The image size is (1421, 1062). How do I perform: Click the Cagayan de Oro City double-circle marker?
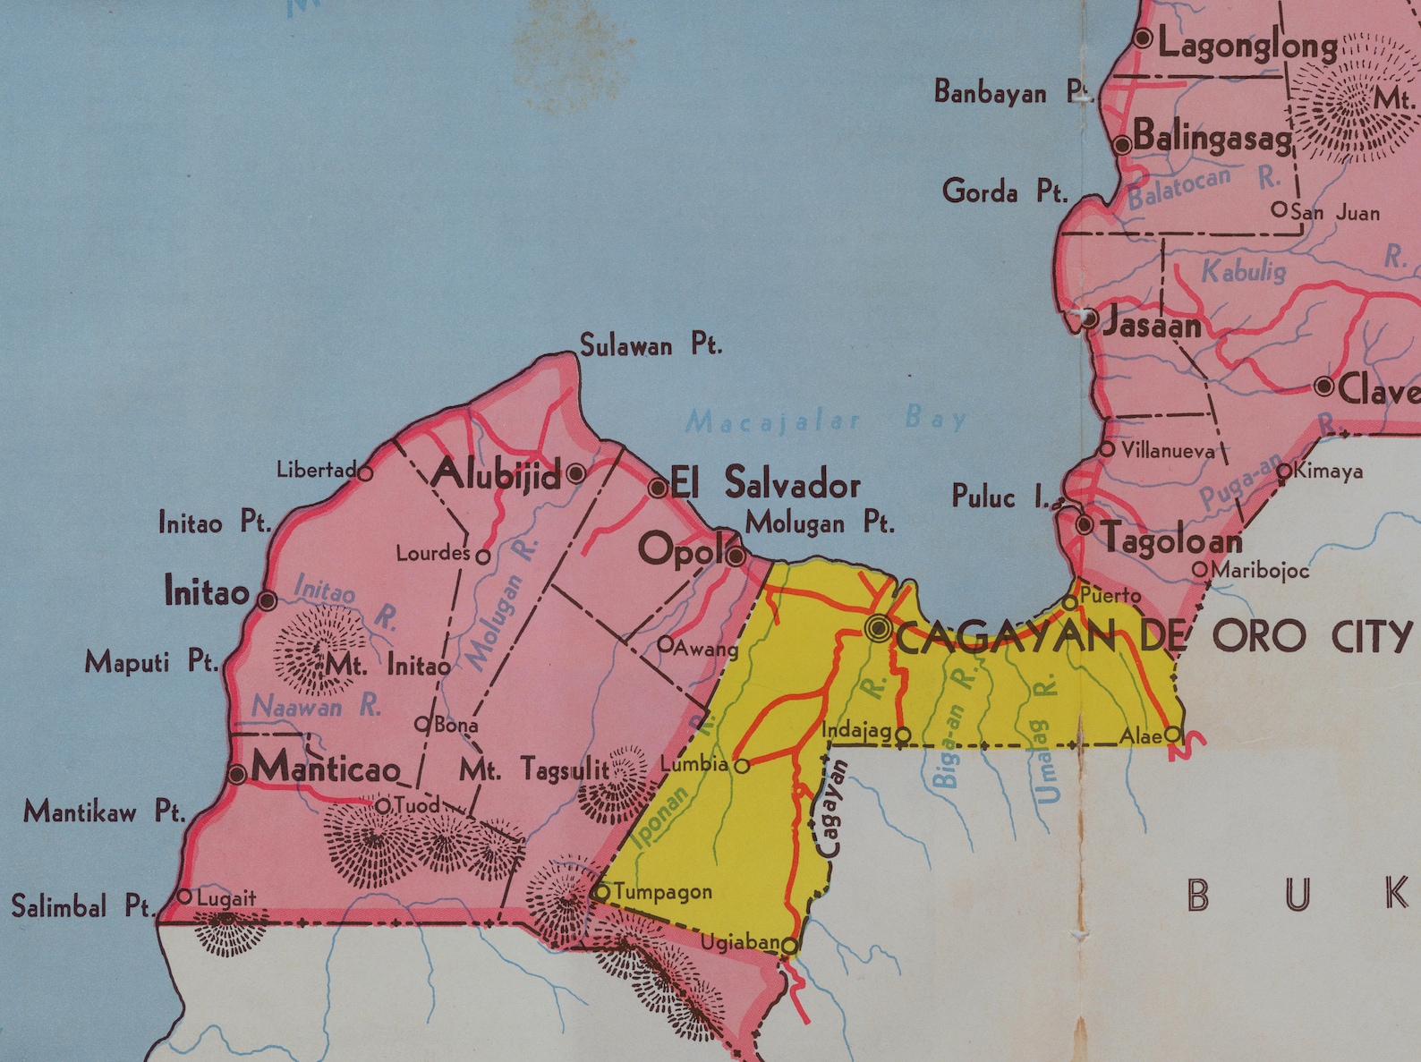point(879,629)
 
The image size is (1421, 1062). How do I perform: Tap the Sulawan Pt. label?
point(651,345)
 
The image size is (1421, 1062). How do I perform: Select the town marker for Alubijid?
point(576,472)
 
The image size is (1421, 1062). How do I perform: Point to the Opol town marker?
point(736,556)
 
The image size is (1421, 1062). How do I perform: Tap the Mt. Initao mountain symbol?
point(318,649)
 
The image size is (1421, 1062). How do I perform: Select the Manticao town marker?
point(236,774)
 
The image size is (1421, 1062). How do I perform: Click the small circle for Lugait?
point(185,896)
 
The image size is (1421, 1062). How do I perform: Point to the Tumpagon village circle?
point(601,892)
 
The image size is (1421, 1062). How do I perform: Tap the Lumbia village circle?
point(742,766)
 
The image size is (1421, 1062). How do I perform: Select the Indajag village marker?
point(903,735)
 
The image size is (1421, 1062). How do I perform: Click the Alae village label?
point(1140,735)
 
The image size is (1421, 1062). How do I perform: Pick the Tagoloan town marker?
point(1085,524)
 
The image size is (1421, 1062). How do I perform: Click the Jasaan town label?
point(1152,325)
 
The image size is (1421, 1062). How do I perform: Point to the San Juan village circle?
point(1280,209)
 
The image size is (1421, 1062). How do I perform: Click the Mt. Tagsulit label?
point(534,769)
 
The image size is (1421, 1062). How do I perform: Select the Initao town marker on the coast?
point(267,600)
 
